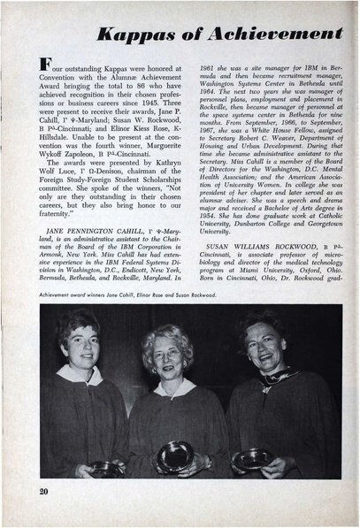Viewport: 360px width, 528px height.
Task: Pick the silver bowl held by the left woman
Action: [x=104, y=467]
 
